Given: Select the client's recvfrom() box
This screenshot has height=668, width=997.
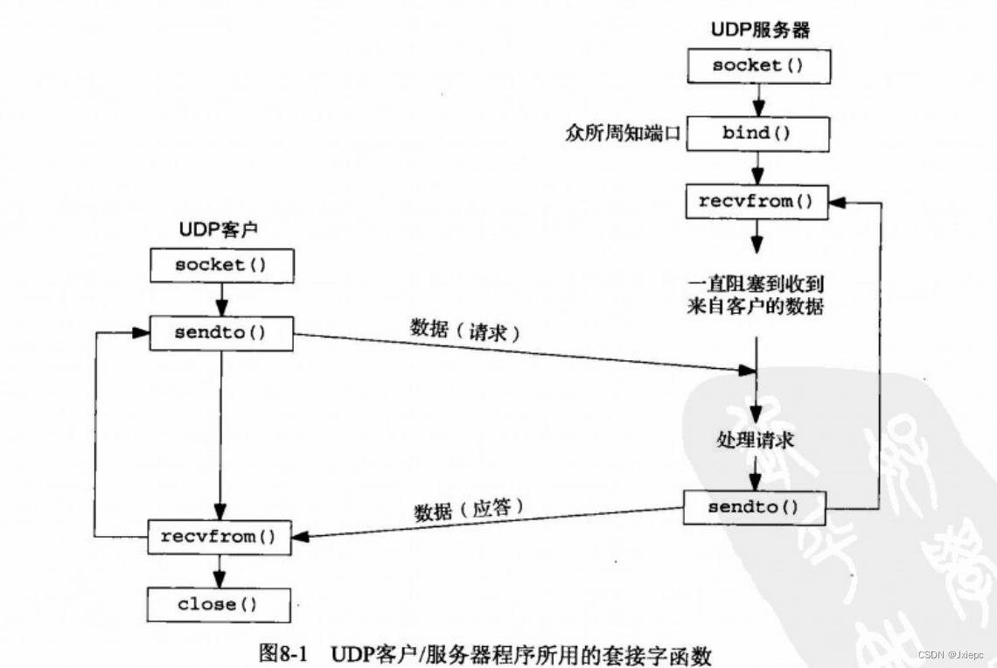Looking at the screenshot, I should pos(219,536).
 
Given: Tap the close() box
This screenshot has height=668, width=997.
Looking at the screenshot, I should pos(220,603).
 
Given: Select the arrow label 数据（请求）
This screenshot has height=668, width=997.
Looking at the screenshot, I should pos(465,331).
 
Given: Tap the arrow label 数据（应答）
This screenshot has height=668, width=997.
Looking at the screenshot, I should pos(468,508).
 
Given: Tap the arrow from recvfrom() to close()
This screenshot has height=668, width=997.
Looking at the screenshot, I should pos(220,570).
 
